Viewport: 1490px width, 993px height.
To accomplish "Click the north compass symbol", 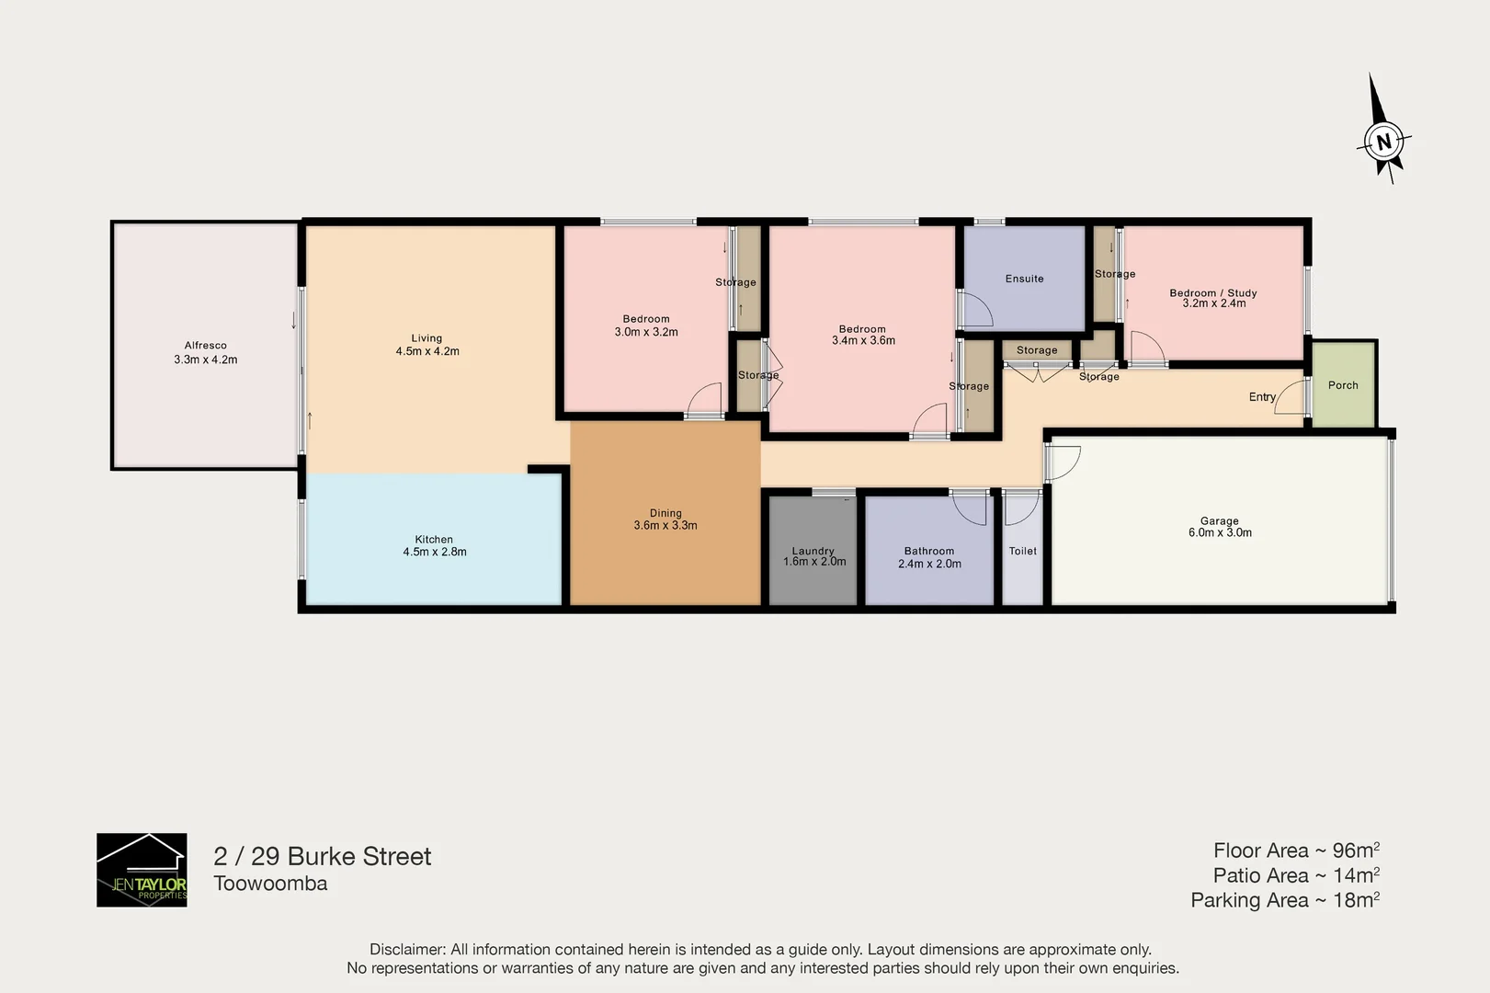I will click(1383, 141).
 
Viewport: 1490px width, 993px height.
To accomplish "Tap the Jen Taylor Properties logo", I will click(142, 870).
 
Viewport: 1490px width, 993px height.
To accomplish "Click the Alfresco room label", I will click(205, 346).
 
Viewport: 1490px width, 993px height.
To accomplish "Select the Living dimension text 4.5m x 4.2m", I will click(427, 351).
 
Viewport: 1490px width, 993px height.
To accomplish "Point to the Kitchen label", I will click(434, 540).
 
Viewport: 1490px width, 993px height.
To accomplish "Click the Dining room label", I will click(665, 513).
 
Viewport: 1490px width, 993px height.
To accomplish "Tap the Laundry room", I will click(813, 552).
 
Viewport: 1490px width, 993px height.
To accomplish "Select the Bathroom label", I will click(928, 551).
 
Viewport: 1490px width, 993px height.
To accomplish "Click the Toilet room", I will click(1022, 552).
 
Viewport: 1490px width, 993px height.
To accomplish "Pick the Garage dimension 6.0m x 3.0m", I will click(1220, 533).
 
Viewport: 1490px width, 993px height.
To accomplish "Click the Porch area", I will click(1343, 385).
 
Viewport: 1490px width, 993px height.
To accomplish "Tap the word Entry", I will click(1262, 397).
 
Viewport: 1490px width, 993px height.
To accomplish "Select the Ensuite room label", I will click(1024, 279).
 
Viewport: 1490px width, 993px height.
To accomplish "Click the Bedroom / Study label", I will click(1212, 292).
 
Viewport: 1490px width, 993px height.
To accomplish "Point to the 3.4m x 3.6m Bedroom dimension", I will click(863, 341).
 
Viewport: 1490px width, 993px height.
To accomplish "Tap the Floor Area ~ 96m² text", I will click(1295, 850).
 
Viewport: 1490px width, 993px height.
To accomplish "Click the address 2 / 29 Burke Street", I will click(323, 856).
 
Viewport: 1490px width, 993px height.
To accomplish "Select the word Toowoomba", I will click(270, 884).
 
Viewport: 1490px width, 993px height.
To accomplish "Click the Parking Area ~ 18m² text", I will click(1284, 900).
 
